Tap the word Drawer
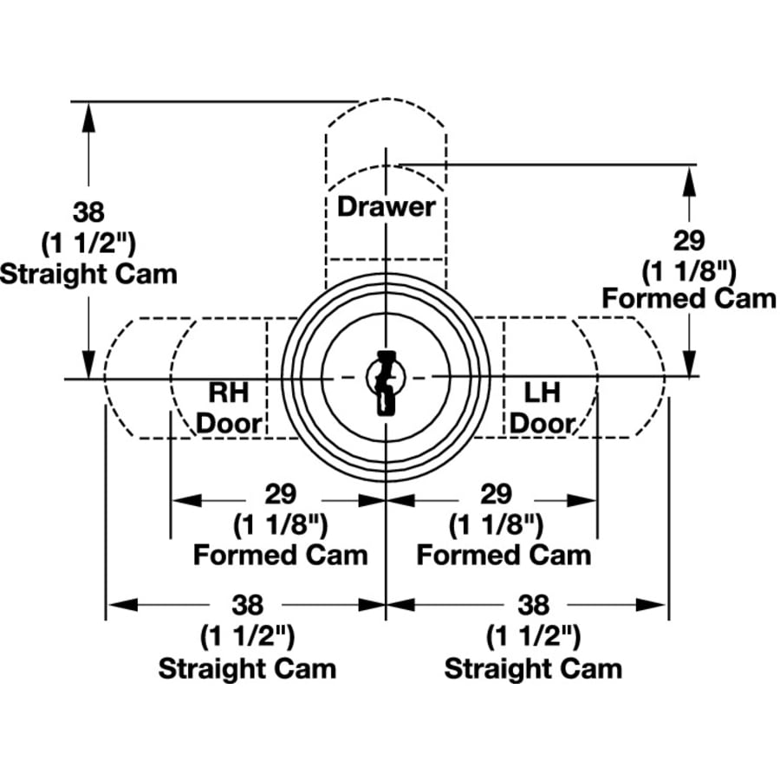click(386, 206)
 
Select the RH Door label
click(229, 407)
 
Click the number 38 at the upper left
click(88, 211)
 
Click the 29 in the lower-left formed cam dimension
click(280, 494)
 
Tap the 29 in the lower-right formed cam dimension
click(495, 494)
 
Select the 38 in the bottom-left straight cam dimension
click(247, 604)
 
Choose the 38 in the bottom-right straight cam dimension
click(533, 604)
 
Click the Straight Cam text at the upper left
click(88, 274)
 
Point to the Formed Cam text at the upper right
click(689, 299)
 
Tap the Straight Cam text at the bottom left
click(247, 668)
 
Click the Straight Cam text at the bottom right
click(533, 668)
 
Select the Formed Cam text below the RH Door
click(280, 555)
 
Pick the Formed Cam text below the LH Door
click(504, 555)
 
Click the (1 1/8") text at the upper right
click(689, 270)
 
